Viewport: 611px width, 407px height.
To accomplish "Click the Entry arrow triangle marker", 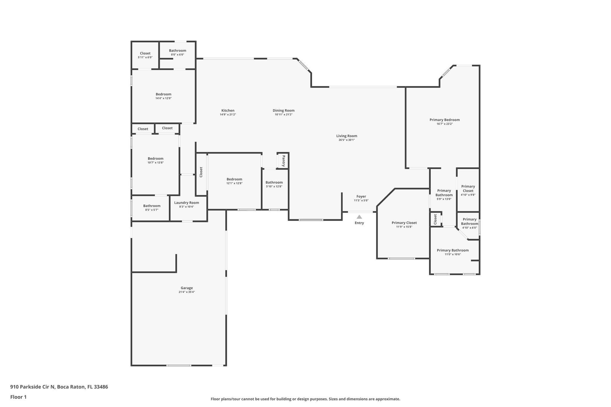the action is (359, 217).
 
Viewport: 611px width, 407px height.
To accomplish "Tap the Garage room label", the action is (187, 288).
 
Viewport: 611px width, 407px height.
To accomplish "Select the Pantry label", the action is (283, 161).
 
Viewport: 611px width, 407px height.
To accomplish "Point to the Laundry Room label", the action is (186, 203).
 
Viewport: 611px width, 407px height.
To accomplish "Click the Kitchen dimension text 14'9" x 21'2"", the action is (228, 114).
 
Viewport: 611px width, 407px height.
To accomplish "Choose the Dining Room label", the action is (283, 111).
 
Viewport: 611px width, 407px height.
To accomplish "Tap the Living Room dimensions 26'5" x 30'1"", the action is (347, 140).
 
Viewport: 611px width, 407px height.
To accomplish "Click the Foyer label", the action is (361, 196).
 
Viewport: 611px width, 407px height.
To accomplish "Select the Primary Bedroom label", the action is (445, 120).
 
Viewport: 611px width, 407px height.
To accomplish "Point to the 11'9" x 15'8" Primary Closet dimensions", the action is (404, 227).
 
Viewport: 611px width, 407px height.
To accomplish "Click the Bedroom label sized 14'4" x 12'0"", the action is (163, 94).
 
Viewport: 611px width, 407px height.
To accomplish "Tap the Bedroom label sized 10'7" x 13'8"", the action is (155, 159).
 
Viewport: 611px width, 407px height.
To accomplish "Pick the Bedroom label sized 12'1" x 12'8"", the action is (234, 179).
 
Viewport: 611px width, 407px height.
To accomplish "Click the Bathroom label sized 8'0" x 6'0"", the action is (178, 51).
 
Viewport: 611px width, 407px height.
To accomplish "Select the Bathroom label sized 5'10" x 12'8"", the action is (274, 182).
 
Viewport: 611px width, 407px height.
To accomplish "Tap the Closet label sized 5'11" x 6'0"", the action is (145, 53).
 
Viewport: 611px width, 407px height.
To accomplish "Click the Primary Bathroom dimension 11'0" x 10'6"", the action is (453, 254).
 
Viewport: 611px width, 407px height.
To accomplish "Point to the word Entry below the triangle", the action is (359, 223).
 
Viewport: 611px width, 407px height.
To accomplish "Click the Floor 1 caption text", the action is (18, 397).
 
